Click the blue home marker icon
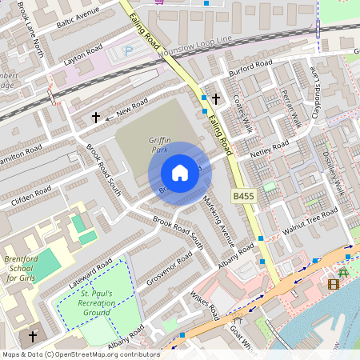pos(180,173)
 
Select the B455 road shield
pos(242,196)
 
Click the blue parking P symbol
pos(129,51)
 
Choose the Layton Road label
pos(84,55)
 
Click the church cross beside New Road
pos(96,118)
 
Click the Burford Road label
pos(250,66)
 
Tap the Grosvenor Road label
pos(169,269)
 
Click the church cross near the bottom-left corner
pos(33,337)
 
